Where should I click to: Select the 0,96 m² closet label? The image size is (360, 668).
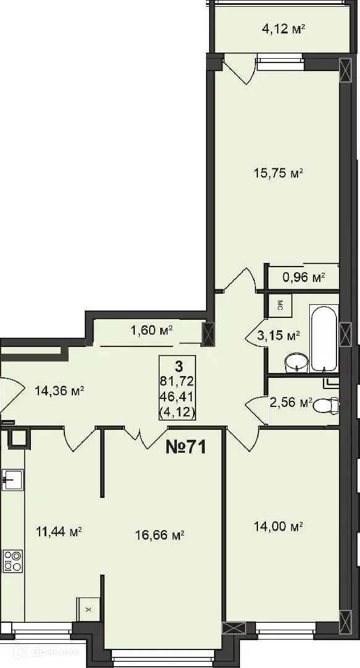click(303, 278)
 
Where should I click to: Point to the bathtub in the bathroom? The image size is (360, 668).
click(325, 338)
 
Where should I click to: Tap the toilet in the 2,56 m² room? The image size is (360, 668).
click(326, 405)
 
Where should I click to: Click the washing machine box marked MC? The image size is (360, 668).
click(280, 304)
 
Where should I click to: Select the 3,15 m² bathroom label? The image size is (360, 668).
click(278, 336)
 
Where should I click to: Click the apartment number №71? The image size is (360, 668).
click(186, 447)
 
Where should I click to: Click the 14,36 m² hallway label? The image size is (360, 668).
click(59, 390)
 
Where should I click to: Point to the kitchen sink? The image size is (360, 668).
click(12, 478)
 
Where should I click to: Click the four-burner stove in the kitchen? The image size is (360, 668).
click(12, 561)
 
